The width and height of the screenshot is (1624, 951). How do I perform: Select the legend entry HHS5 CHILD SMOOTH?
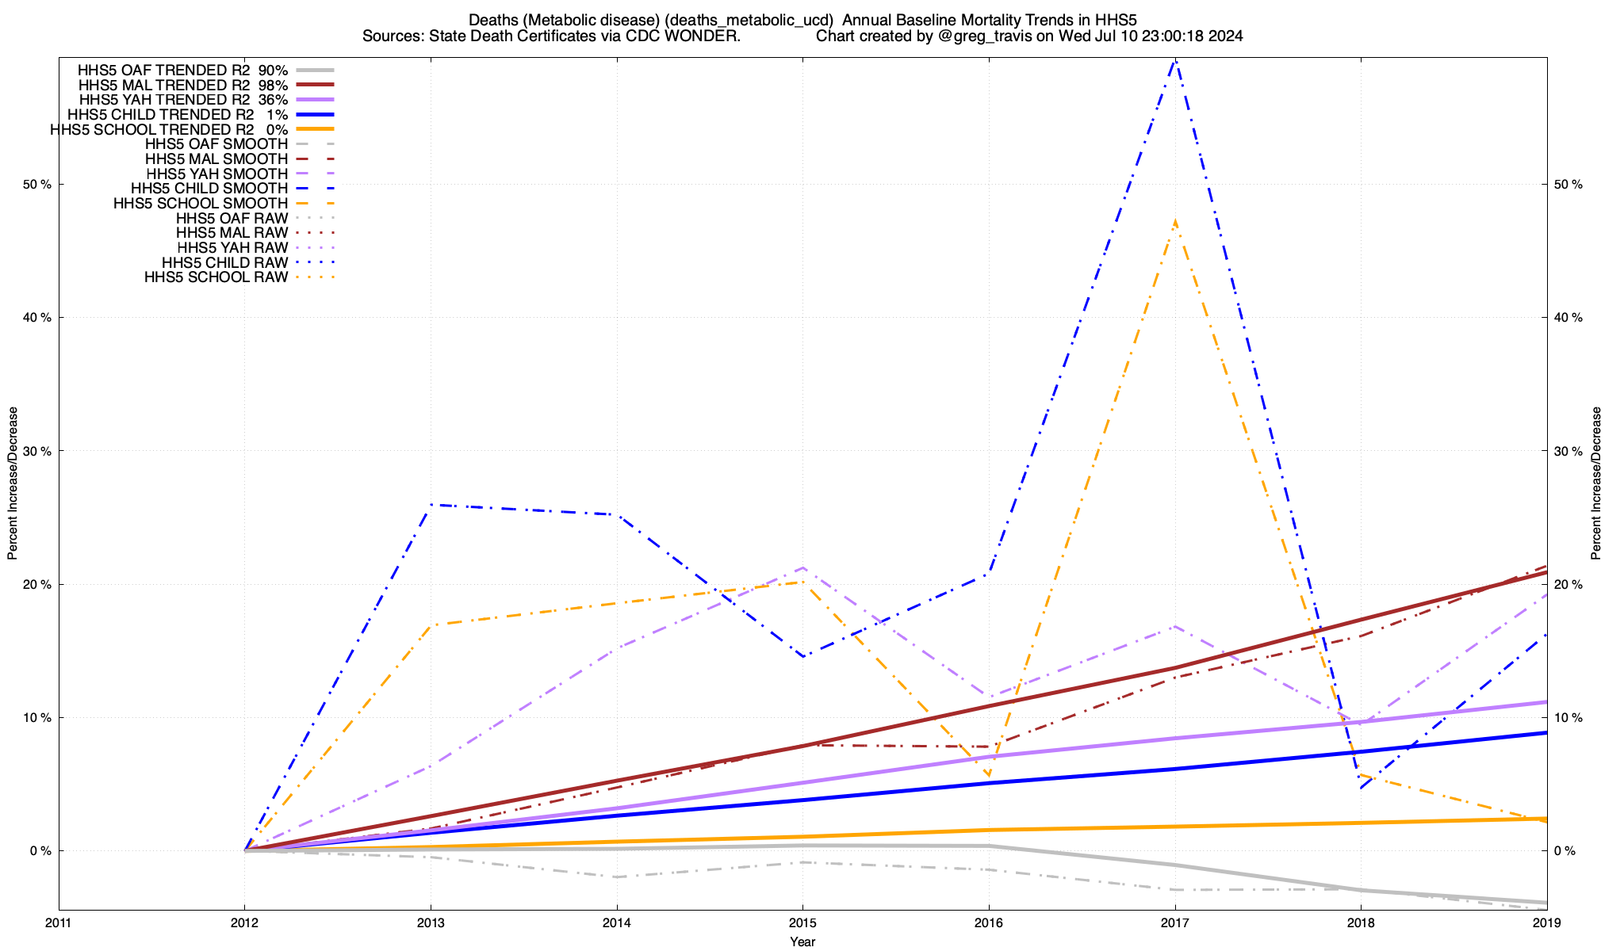209,189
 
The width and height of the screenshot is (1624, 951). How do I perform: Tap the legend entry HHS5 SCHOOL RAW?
216,277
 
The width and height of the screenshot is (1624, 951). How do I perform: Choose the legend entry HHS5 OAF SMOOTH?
216,144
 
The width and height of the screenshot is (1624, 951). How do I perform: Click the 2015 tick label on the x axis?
802,922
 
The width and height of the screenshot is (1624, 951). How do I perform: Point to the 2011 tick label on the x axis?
59,922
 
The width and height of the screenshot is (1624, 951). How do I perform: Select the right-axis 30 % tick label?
1567,451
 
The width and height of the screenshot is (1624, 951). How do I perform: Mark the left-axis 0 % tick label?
40,850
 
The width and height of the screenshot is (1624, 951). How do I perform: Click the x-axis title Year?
802,941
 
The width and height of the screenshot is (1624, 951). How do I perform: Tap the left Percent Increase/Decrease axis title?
13,483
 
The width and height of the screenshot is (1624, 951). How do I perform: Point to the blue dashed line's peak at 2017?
1174,59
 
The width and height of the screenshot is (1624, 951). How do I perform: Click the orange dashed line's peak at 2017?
1174,221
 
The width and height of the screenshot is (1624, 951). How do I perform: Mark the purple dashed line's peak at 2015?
802,567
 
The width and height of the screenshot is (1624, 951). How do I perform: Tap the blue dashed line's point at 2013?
431,505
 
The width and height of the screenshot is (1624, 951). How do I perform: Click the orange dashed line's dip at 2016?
988,776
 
